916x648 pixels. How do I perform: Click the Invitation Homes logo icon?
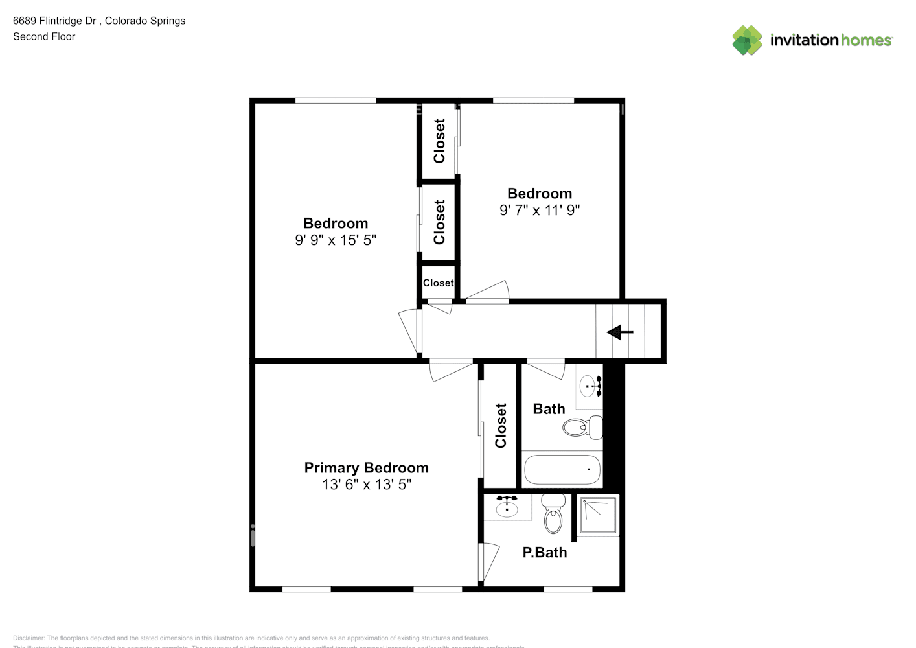(747, 40)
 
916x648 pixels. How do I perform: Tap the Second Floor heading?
(44, 36)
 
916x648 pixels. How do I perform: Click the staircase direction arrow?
(619, 332)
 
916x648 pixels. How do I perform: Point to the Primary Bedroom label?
(366, 467)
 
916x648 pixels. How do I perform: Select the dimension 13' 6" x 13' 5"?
(366, 484)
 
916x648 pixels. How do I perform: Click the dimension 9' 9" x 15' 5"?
(335, 240)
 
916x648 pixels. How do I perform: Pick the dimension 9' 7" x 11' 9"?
(539, 210)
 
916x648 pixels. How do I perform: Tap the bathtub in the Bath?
(561, 470)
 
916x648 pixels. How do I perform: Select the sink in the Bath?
(590, 386)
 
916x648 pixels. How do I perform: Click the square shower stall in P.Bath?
(597, 515)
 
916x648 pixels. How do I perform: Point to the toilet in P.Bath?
(553, 514)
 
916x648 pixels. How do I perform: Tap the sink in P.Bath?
(507, 507)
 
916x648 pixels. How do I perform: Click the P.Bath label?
(544, 552)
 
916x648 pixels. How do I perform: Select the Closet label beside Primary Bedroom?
(500, 425)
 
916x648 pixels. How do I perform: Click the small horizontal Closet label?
(438, 283)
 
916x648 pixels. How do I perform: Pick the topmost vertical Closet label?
(439, 141)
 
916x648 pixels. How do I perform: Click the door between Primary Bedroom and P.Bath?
(488, 562)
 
